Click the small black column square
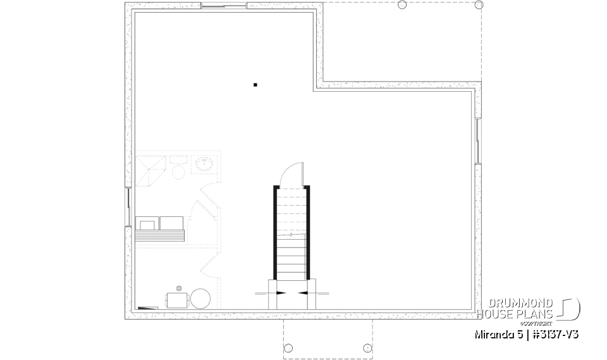[255, 84]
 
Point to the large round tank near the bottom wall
[201, 298]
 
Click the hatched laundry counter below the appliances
[159, 235]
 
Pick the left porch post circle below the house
[289, 347]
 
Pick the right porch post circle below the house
[367, 347]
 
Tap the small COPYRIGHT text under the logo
[539, 323]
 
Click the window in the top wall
[223, 7]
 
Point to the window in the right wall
[478, 140]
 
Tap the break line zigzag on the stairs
[291, 235]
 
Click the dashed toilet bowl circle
[178, 171]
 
